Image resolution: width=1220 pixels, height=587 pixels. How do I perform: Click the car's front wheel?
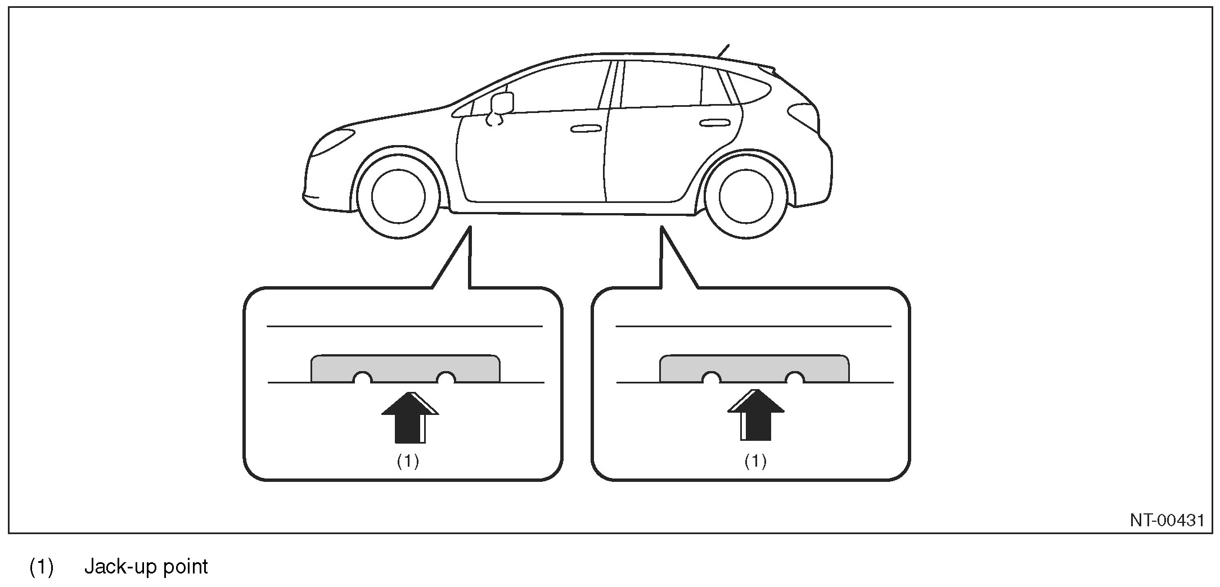coord(398,193)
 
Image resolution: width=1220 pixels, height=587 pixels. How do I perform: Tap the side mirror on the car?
coord(502,103)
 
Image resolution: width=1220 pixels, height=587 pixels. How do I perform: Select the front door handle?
coord(586,129)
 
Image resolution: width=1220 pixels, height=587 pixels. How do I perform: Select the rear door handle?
coord(713,123)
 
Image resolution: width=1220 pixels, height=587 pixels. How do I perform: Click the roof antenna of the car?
coord(723,51)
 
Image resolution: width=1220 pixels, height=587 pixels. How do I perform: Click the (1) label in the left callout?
coord(408,462)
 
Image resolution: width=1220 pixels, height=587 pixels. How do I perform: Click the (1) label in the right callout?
coord(755,462)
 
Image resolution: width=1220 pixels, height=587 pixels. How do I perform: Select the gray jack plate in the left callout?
coord(405,367)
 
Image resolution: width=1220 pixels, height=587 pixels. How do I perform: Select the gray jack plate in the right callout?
coord(754,367)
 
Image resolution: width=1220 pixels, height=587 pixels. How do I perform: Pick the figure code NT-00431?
coord(1167,520)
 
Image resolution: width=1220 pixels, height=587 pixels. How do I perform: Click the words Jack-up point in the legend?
coord(146,566)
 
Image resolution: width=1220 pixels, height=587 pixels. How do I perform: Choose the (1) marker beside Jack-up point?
coord(41,567)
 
